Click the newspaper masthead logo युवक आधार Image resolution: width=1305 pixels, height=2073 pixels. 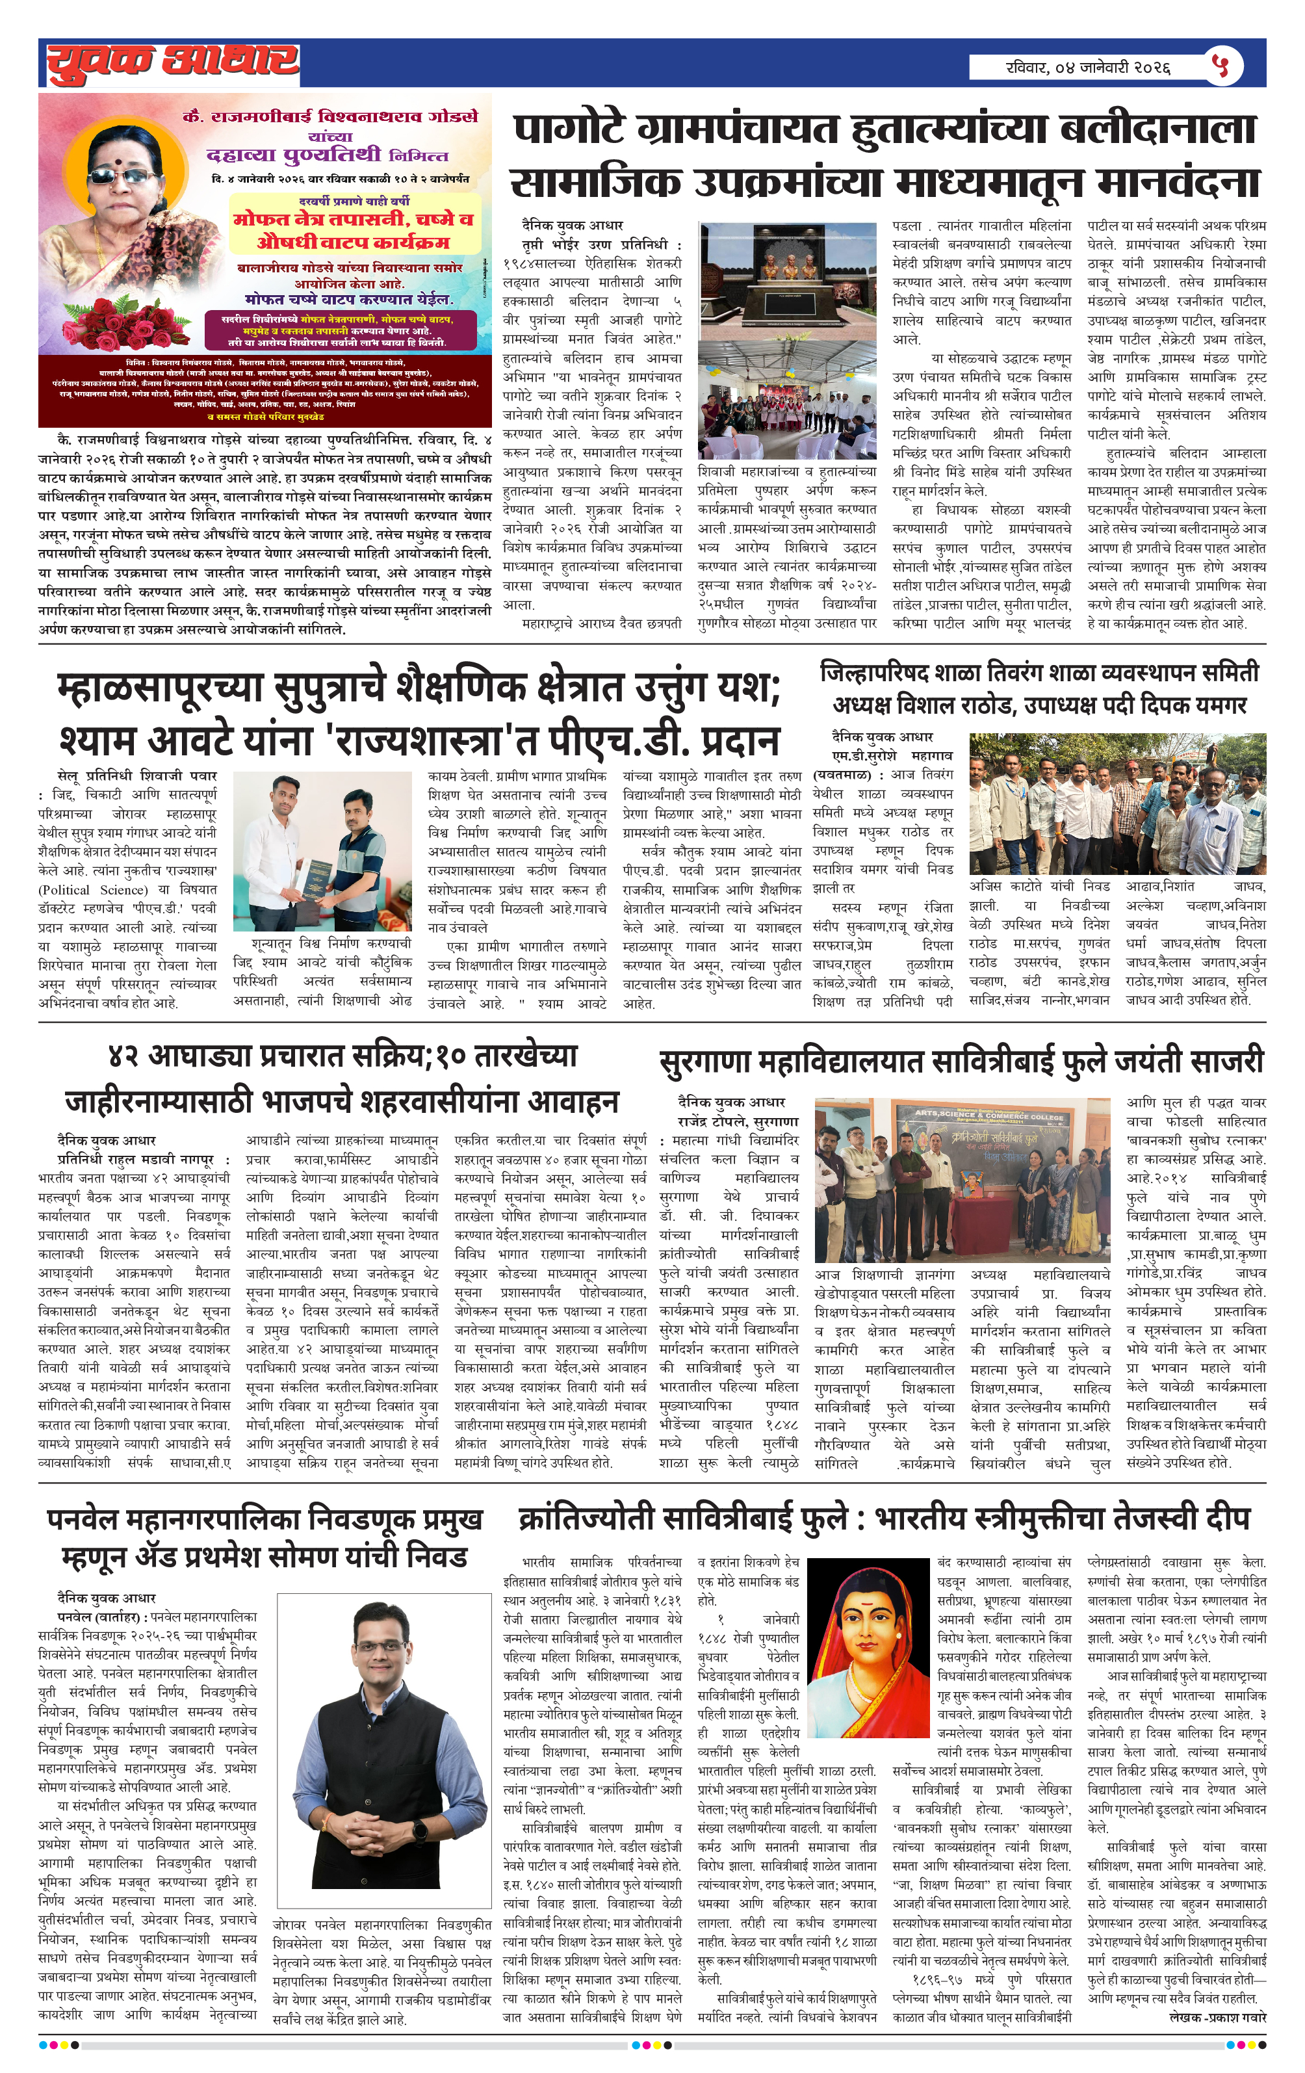coord(172,63)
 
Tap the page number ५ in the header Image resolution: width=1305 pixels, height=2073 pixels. coord(1222,66)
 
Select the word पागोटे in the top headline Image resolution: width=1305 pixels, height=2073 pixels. coord(568,129)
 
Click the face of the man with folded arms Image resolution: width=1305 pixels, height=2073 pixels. coord(381,1632)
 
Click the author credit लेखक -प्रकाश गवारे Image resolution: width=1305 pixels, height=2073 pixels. coord(1217,2017)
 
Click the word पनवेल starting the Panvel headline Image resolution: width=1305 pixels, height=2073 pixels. coord(85,1519)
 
